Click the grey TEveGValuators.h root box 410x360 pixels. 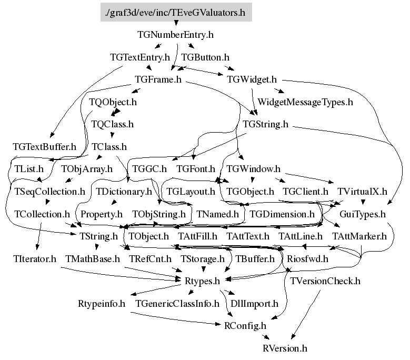coord(176,11)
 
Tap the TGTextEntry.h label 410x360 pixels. coord(140,57)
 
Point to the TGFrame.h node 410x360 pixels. coord(158,80)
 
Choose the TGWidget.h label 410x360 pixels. coord(252,80)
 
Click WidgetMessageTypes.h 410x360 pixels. coord(305,102)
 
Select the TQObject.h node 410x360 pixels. coord(113,102)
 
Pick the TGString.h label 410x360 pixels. coord(266,125)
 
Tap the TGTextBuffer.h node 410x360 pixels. coord(44,147)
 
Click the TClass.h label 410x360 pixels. coord(109,147)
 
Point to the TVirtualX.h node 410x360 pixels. coord(362,192)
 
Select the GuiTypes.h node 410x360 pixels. coord(363,215)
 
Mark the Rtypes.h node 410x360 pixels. coord(203,282)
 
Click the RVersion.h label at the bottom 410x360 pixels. coord(285,348)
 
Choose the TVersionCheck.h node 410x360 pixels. coord(325,281)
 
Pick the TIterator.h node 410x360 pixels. coord(34,259)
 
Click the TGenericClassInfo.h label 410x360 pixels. coord(177,304)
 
